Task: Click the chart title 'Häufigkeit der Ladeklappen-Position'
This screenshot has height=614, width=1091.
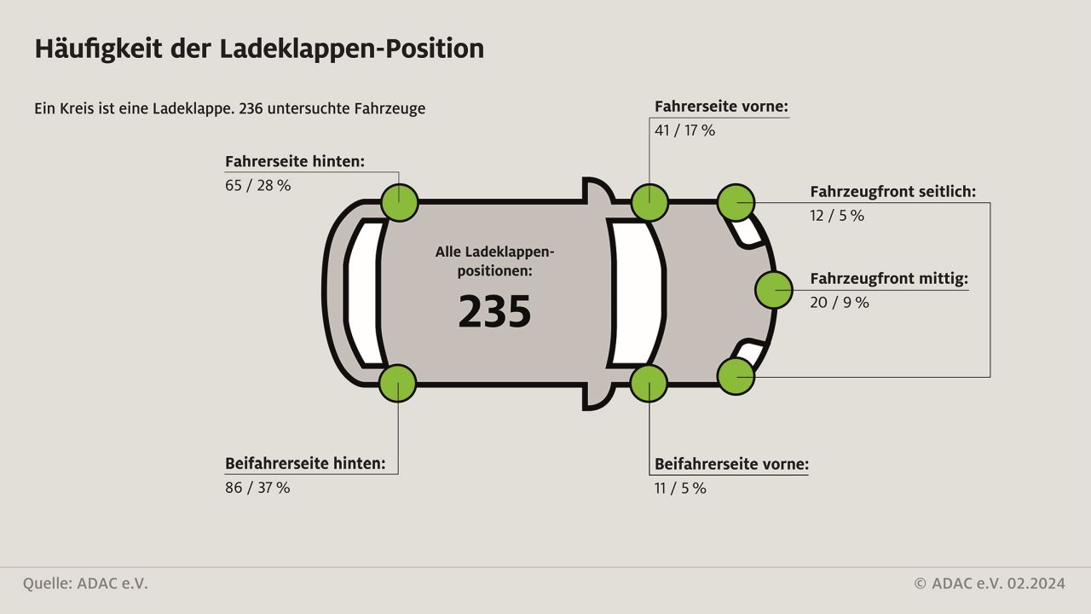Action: [260, 49]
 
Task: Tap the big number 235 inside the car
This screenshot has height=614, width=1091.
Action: [494, 312]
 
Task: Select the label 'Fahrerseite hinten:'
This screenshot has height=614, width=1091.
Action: [295, 162]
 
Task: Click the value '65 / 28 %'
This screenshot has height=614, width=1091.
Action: [257, 186]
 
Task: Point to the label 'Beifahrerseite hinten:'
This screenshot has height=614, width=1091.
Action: [305, 464]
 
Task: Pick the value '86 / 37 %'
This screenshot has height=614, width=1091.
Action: [257, 488]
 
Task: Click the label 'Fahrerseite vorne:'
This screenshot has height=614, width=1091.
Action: [721, 107]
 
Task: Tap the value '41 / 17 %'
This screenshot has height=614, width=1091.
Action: [684, 130]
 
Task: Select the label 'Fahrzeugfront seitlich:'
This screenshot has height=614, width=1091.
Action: [892, 192]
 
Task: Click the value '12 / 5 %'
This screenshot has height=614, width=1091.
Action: [837, 216]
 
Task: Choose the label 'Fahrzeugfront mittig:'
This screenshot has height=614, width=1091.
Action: [889, 279]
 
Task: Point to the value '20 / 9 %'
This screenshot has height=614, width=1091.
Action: [840, 303]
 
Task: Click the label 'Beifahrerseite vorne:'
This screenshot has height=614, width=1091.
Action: [731, 465]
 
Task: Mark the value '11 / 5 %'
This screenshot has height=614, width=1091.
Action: [680, 489]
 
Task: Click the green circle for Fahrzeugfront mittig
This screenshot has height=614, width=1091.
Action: [773, 290]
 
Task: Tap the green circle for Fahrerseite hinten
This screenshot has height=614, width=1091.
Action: [400, 203]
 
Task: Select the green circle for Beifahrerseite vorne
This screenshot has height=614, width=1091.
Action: [649, 384]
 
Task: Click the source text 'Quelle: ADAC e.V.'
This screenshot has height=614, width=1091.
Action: [85, 584]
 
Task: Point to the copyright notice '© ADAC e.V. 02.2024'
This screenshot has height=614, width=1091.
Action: [990, 584]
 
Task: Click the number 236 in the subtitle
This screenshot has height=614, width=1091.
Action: [251, 108]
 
